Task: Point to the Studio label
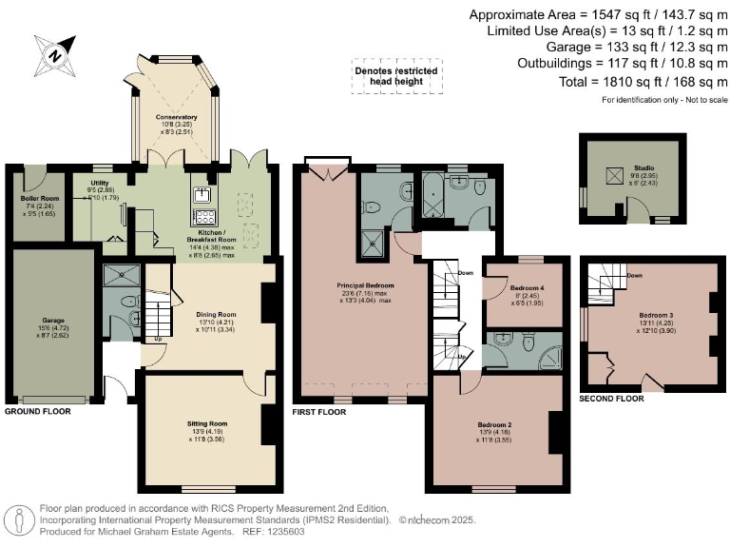[x=645, y=173]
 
